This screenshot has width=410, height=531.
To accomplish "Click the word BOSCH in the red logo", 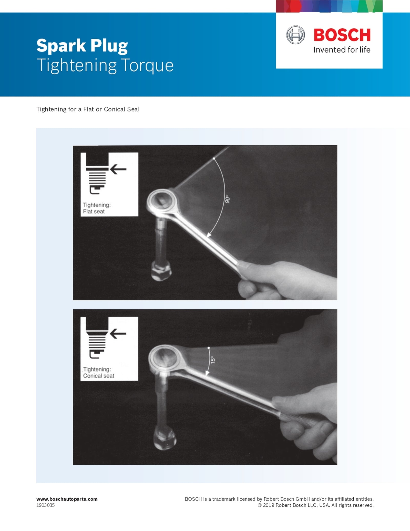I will pyautogui.click(x=342, y=35).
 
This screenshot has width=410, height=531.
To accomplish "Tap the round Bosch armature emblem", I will pyautogui.click(x=295, y=35).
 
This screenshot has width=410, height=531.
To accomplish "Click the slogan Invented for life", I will pyautogui.click(x=342, y=50).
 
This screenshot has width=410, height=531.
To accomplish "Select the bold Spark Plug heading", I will pyautogui.click(x=82, y=46).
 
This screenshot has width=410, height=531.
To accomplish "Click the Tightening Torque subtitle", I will pyautogui.click(x=105, y=65).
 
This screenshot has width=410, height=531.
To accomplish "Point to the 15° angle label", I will pyautogui.click(x=213, y=360).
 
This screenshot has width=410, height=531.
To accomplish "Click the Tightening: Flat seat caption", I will pyautogui.click(x=97, y=208).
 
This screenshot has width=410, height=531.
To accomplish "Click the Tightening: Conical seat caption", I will pyautogui.click(x=98, y=373).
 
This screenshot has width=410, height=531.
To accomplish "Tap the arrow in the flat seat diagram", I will pyautogui.click(x=118, y=169).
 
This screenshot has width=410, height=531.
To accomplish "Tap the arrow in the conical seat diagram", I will pyautogui.click(x=118, y=334).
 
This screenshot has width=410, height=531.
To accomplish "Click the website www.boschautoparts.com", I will pyautogui.click(x=67, y=499).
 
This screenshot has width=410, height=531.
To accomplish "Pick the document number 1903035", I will pyautogui.click(x=45, y=505).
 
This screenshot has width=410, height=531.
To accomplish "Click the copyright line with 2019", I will pyautogui.click(x=315, y=505).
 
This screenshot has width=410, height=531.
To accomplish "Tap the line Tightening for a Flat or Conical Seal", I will pyautogui.click(x=88, y=109).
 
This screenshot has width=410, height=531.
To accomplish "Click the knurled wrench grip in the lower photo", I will pyautogui.click(x=297, y=419).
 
